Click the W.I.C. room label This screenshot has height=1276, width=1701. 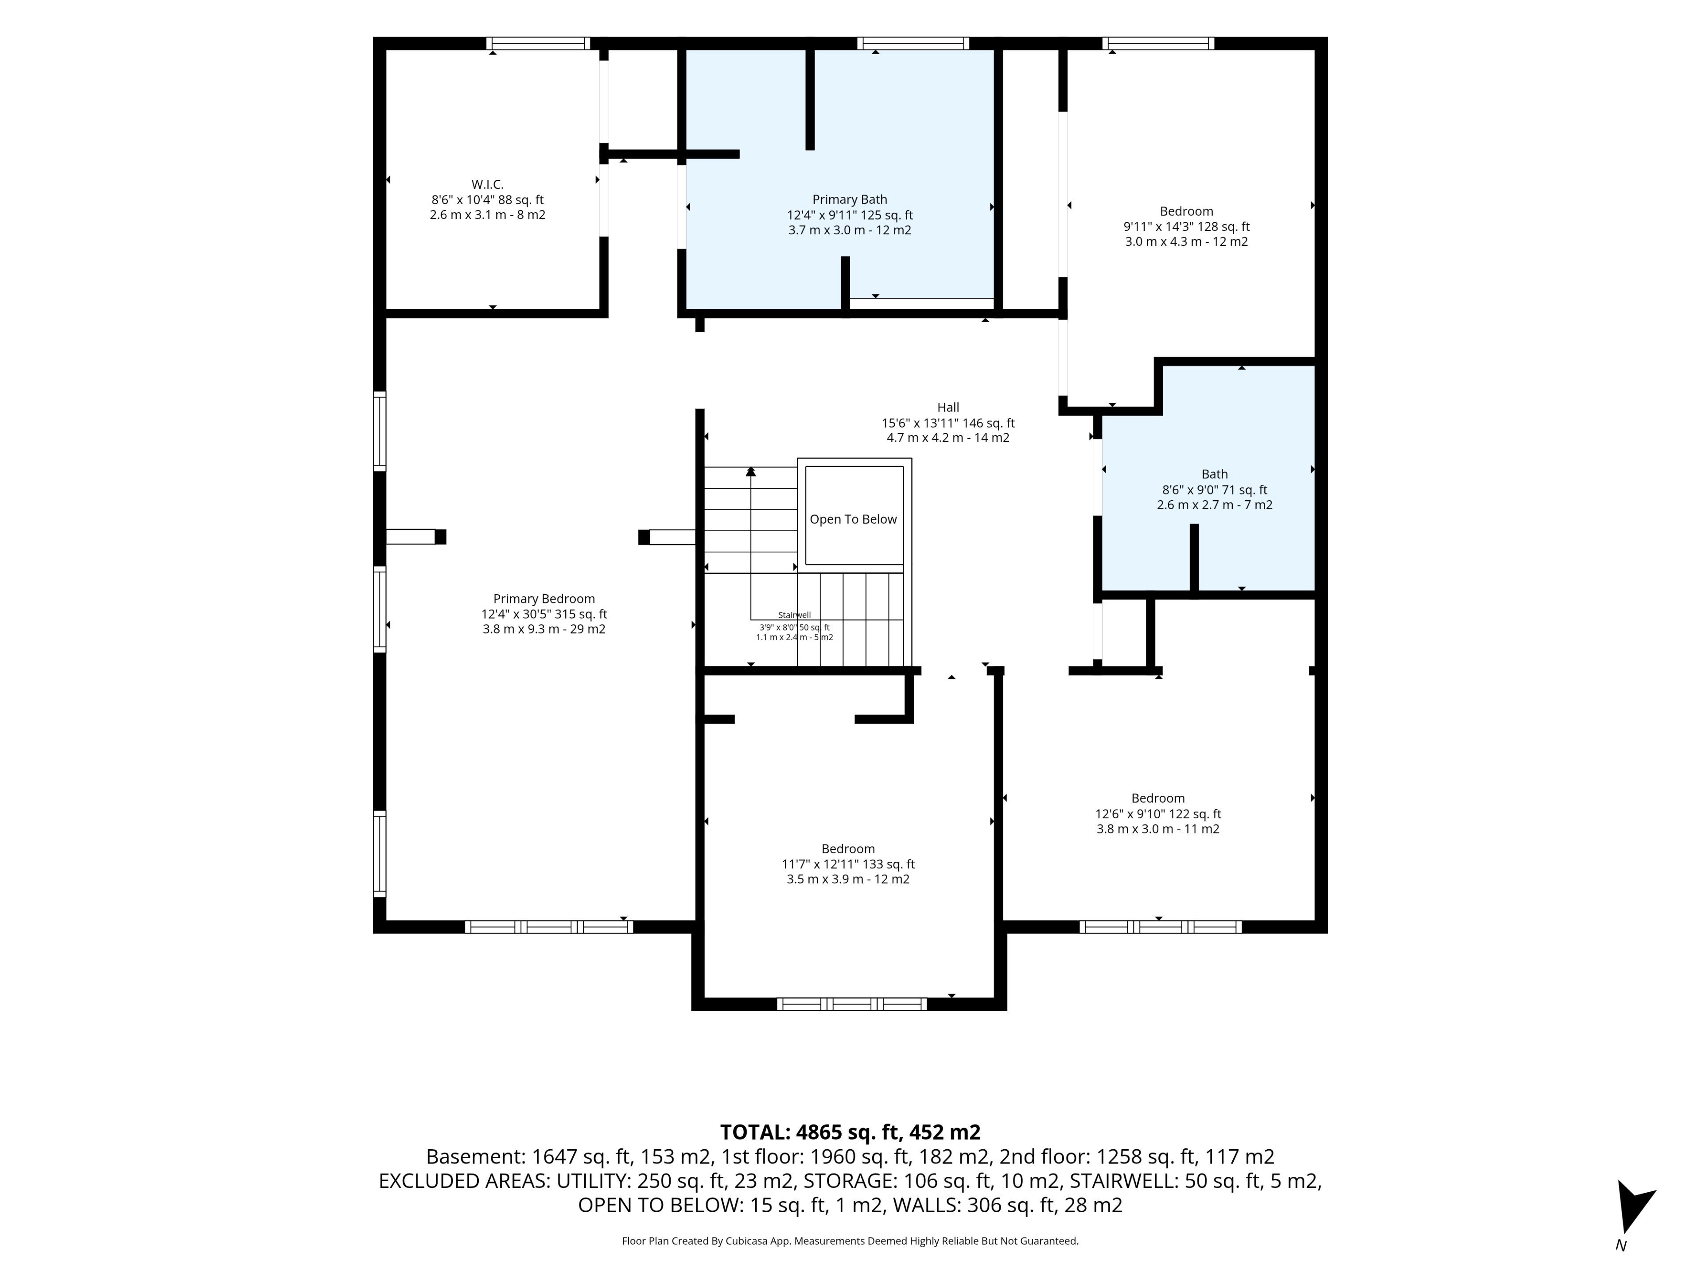[x=488, y=185]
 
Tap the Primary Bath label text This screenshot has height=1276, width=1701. [x=850, y=200]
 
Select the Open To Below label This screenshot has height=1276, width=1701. [x=854, y=519]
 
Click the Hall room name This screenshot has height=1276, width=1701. [x=948, y=408]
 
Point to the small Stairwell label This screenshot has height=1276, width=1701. [x=794, y=615]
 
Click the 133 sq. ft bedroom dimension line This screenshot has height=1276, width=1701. [x=848, y=864]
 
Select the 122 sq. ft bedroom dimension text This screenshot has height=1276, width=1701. [x=1158, y=814]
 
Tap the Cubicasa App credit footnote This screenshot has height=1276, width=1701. [x=850, y=1241]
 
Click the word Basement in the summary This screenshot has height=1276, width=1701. [x=474, y=1157]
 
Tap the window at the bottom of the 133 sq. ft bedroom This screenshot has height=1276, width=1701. [x=851, y=1004]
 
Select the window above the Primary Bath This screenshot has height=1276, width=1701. [x=913, y=43]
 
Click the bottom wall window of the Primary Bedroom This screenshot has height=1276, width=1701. [x=548, y=927]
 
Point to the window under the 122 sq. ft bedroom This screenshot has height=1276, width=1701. [x=1161, y=927]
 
